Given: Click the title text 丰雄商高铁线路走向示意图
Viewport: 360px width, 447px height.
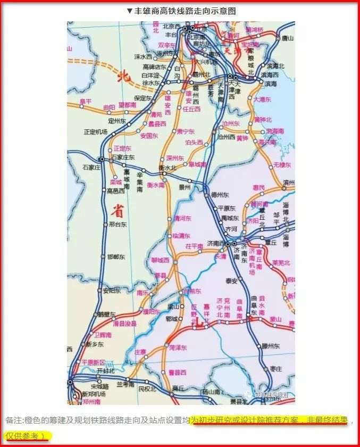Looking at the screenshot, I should tap(184, 11).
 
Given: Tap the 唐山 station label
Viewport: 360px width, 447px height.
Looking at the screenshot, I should tap(287, 38).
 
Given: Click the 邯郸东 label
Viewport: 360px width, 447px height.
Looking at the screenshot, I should tap(116, 256).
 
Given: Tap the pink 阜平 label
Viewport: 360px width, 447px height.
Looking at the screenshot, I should tap(85, 101).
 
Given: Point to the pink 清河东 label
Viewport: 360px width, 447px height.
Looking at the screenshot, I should tap(182, 218).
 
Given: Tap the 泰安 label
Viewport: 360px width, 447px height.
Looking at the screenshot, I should tap(231, 280).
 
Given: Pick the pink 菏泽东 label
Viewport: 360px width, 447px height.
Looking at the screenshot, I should tap(178, 347).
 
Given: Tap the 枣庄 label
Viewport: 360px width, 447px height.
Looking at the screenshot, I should tap(275, 368).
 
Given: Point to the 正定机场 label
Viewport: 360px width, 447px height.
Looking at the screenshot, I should tap(96, 131).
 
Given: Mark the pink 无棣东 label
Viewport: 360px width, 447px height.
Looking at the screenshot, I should tap(282, 165).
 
